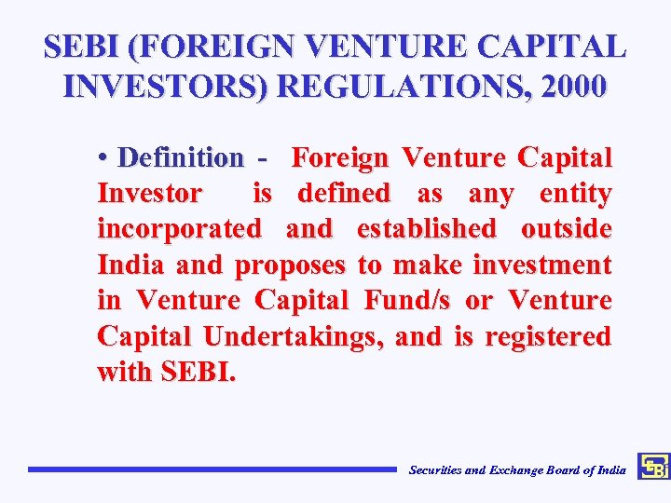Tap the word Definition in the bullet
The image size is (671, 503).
coord(181,157)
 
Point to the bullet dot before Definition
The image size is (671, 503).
coord(102,157)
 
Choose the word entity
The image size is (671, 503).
coord(575,194)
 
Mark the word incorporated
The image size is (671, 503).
coord(179,229)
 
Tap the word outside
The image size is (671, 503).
coord(566,229)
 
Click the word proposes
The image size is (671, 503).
coord(291,265)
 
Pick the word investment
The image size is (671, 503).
coord(541,265)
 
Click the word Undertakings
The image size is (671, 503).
coord(291,336)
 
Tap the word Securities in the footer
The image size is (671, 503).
coord(435,470)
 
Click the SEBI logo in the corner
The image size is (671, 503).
coord(653,467)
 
